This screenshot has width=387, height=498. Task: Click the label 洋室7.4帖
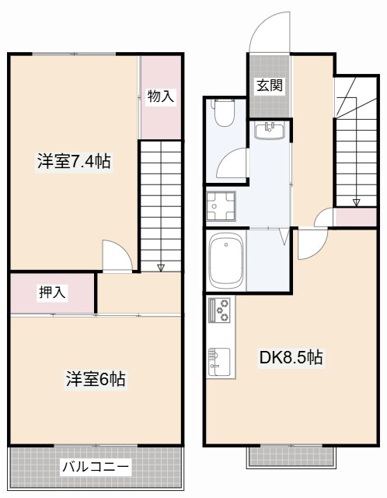[x=73, y=163]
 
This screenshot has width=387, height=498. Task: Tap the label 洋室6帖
[x=95, y=381]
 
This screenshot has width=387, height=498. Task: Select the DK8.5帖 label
[x=291, y=359]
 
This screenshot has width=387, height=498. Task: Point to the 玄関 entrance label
[x=269, y=86]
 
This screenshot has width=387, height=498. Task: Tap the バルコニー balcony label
[x=96, y=467]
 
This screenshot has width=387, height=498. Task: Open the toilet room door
[x=232, y=167]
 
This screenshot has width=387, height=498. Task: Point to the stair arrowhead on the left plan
[x=160, y=268]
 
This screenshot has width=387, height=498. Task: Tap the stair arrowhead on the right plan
[x=356, y=203]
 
